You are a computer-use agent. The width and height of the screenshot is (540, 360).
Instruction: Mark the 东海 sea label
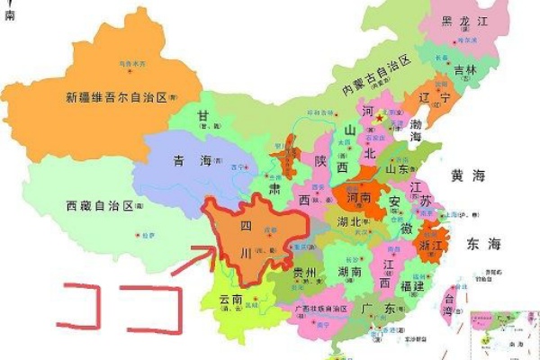(483, 243)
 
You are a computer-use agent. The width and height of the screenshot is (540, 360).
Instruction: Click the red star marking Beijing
(380, 118)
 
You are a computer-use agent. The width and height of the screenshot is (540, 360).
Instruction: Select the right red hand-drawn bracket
(158, 306)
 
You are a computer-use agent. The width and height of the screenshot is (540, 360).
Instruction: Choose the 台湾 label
(449, 300)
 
